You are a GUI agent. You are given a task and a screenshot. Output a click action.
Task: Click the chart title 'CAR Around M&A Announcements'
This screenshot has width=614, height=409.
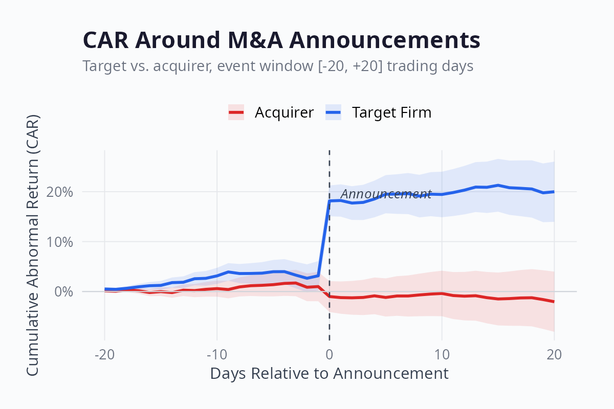281,40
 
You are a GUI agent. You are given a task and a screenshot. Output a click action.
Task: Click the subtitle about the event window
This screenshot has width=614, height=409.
277,66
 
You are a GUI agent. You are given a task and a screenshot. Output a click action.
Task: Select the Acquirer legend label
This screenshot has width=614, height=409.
284,112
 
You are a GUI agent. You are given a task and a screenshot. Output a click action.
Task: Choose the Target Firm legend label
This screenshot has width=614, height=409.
391,112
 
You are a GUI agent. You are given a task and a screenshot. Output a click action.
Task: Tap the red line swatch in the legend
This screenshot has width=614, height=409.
236,112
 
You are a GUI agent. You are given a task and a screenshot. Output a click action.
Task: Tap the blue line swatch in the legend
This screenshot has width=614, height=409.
333,112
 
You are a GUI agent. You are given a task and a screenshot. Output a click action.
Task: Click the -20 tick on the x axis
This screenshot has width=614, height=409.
104,354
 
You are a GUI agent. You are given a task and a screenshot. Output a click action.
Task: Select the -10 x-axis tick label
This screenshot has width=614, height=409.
217,354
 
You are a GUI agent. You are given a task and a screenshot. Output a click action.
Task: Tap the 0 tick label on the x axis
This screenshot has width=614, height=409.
330,354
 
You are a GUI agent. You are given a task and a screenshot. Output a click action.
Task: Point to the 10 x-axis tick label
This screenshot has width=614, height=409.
442,354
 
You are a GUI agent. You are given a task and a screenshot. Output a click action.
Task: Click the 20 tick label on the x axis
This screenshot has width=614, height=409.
554,354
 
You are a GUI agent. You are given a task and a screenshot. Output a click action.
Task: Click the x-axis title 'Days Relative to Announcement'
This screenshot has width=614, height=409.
329,373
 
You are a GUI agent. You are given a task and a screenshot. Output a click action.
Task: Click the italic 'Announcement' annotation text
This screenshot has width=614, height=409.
386,194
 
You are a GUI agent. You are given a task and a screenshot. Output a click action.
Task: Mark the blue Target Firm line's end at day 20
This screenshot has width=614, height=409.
554,192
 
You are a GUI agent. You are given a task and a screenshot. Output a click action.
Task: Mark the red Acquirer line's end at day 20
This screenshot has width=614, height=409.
554,302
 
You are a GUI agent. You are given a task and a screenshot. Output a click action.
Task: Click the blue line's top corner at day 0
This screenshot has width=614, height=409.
330,201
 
